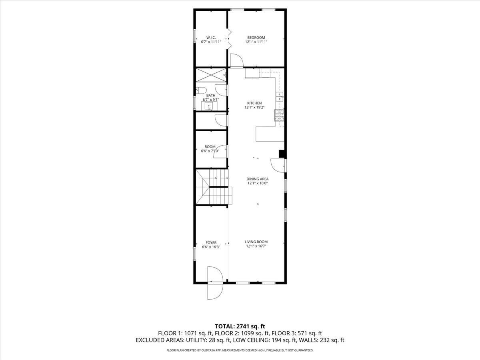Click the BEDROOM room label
(256, 38)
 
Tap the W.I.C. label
(211, 38)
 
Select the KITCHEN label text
(254, 103)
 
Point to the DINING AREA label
(257, 179)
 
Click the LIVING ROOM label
(256, 242)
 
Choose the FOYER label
(211, 243)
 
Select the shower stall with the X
(211, 75)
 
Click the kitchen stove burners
(279, 115)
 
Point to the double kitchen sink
(280, 97)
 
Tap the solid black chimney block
(282, 154)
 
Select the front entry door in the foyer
(215, 283)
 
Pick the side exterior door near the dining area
(278, 166)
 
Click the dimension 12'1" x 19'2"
(254, 107)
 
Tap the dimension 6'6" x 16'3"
(211, 247)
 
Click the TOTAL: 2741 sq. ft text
(240, 326)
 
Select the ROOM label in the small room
(210, 147)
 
